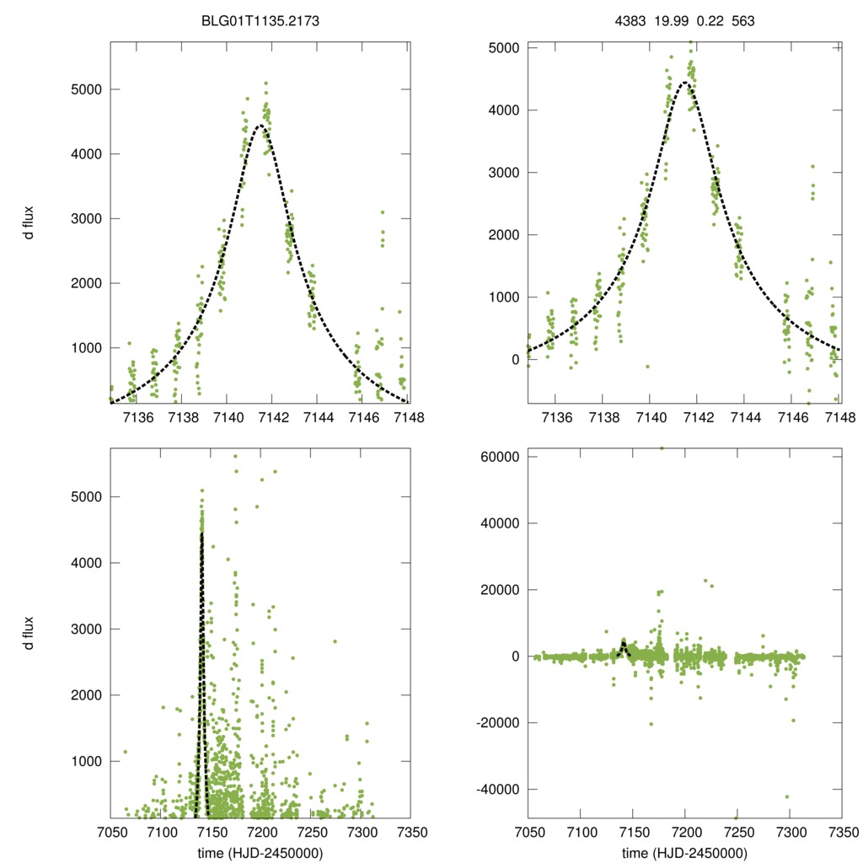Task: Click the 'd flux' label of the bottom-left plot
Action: pyautogui.click(x=28, y=632)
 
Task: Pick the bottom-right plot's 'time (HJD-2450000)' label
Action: pyautogui.click(x=684, y=853)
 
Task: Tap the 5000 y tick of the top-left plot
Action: pyautogui.click(x=82, y=89)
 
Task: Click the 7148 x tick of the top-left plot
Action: pyautogui.click(x=409, y=417)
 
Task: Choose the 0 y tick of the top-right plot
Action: pyautogui.click(x=511, y=360)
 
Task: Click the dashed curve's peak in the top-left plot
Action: pyautogui.click(x=260, y=126)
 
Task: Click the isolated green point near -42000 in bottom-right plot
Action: pyautogui.click(x=788, y=796)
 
